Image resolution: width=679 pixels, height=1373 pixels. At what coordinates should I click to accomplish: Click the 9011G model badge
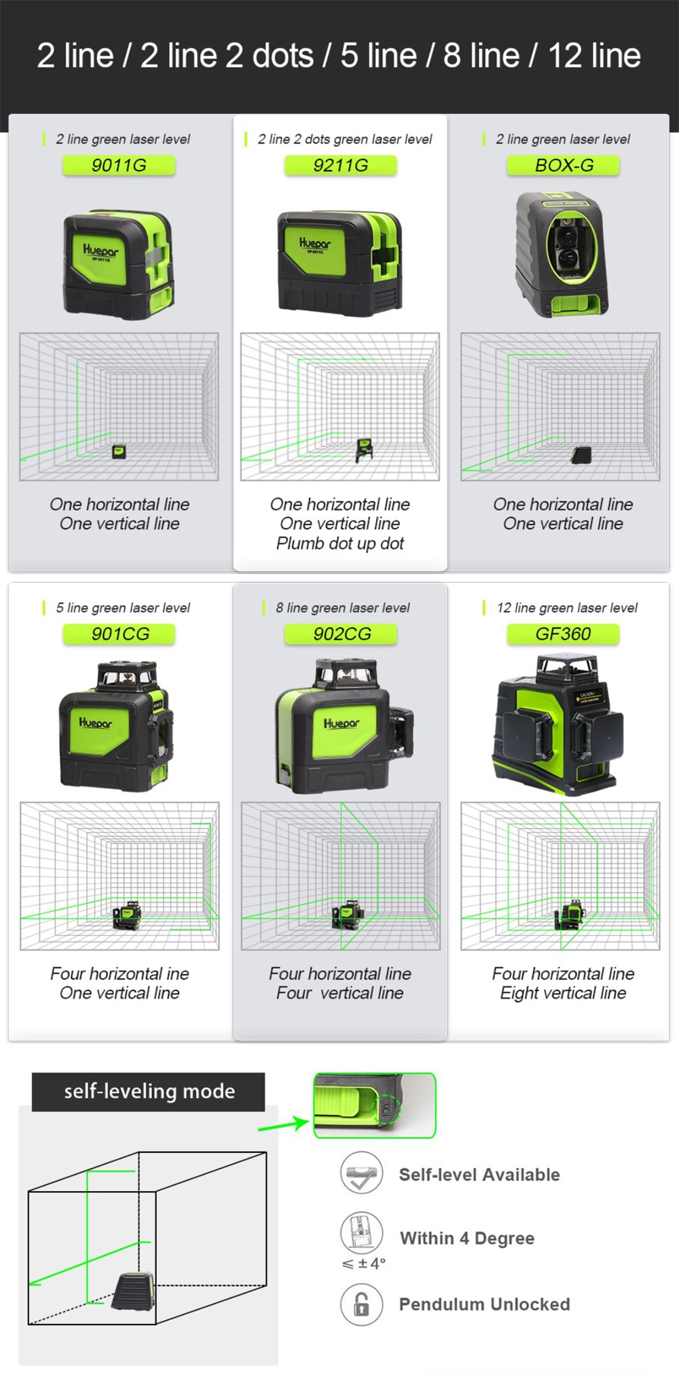click(119, 165)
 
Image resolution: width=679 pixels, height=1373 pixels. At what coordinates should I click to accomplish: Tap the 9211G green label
click(340, 165)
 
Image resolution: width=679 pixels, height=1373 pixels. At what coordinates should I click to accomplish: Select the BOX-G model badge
click(564, 165)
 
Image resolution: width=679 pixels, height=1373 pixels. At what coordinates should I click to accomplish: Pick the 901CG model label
click(119, 634)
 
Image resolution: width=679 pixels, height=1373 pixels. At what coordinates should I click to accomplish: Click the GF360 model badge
click(564, 634)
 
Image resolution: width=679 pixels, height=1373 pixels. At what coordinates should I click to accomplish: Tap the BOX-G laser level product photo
click(562, 254)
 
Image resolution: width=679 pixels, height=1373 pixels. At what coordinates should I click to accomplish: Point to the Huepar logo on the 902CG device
click(342, 724)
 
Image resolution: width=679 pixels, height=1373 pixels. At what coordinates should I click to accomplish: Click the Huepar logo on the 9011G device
click(100, 250)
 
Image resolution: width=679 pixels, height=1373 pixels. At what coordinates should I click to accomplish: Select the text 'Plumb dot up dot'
click(340, 543)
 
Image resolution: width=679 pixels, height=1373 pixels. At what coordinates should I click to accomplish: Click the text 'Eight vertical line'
click(564, 993)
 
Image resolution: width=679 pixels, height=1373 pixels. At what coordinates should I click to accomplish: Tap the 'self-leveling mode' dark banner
click(149, 1092)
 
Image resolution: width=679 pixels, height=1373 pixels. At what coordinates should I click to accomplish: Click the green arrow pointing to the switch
click(283, 1124)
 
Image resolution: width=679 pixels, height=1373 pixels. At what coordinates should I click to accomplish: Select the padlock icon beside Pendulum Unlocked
click(362, 1304)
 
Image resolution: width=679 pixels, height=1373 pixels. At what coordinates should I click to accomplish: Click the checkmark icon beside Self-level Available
click(362, 1173)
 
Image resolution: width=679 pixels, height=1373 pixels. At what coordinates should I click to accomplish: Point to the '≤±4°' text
click(363, 1264)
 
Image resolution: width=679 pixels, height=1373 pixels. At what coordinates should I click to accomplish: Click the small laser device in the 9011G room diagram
click(119, 451)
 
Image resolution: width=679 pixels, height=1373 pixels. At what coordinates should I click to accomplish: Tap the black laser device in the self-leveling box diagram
click(133, 1290)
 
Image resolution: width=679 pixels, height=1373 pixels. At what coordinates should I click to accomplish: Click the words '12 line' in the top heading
click(594, 56)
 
